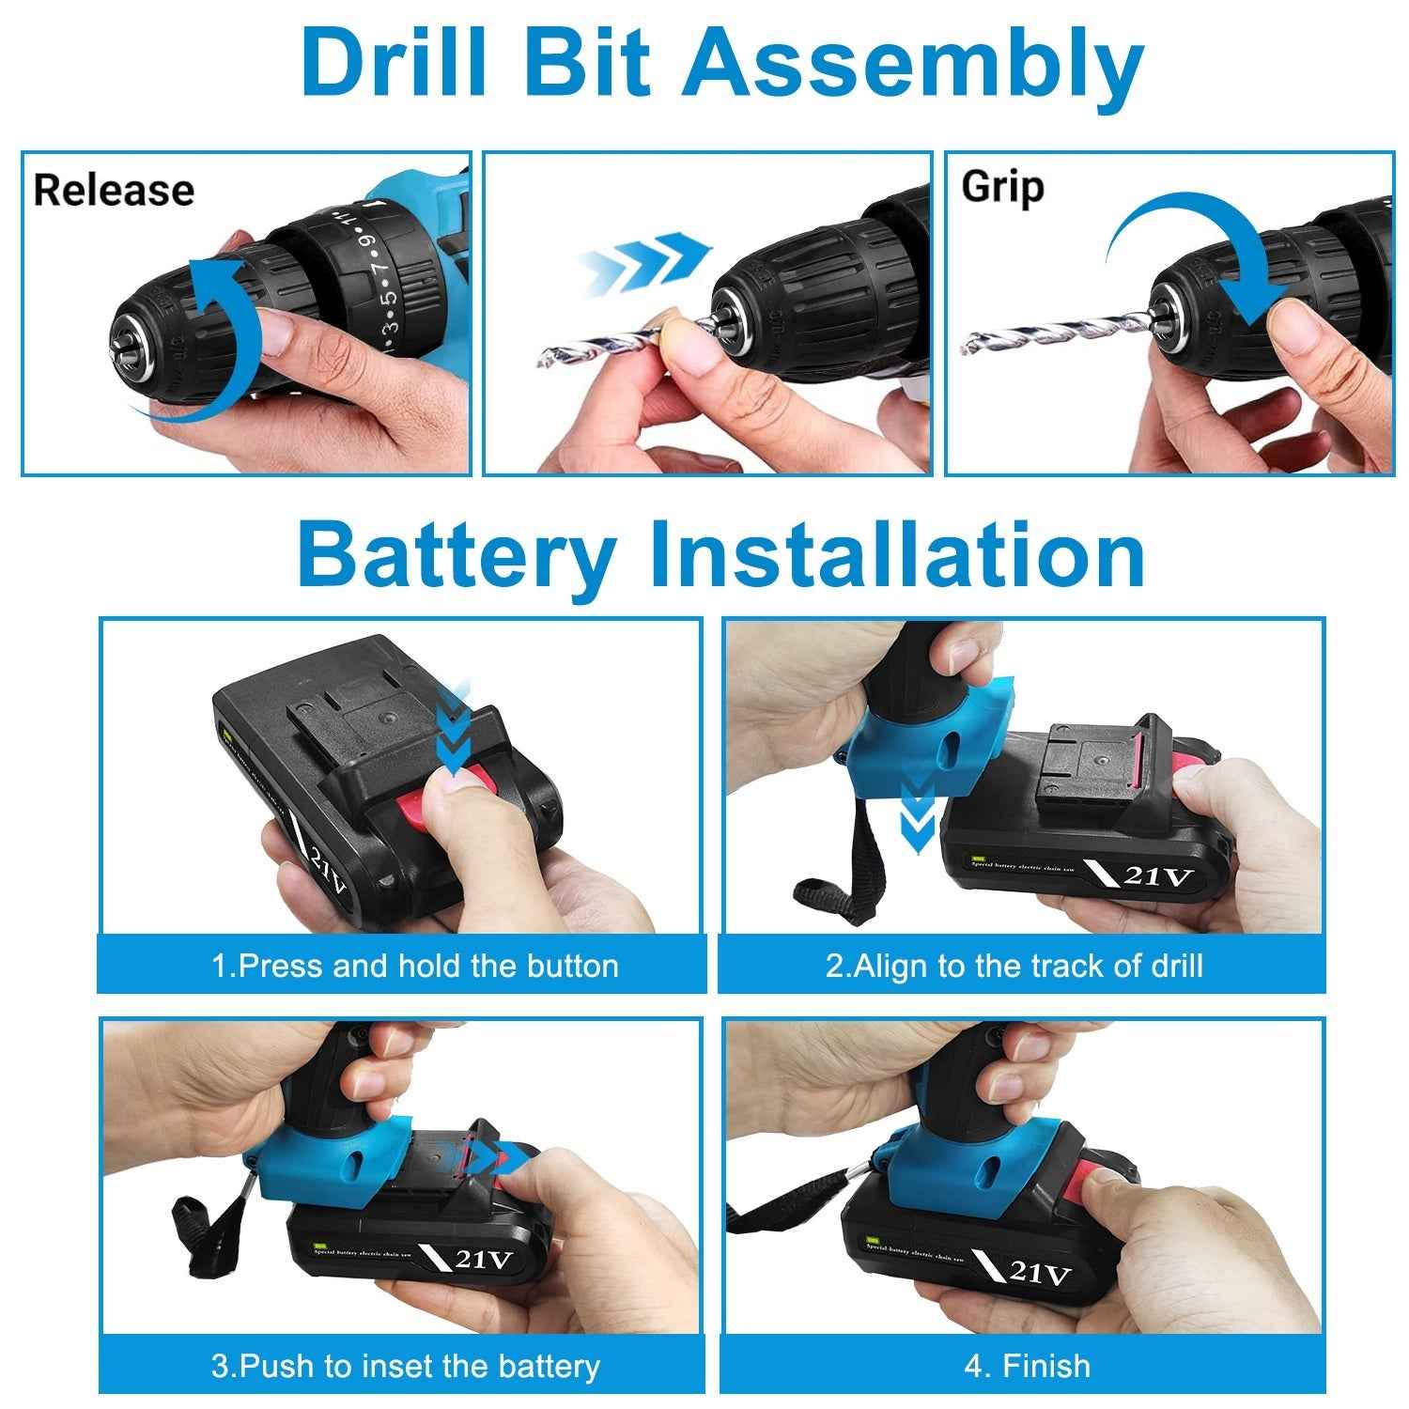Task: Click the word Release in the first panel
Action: [x=114, y=191]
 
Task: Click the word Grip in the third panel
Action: [x=1002, y=188]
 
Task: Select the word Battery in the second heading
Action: [x=455, y=556]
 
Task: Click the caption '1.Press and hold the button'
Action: [x=414, y=966]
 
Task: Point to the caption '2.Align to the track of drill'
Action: [x=1014, y=966]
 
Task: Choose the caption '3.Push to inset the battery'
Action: [x=405, y=1366]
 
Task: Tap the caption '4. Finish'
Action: [x=1027, y=1366]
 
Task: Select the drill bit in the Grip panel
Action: [x=1052, y=333]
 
